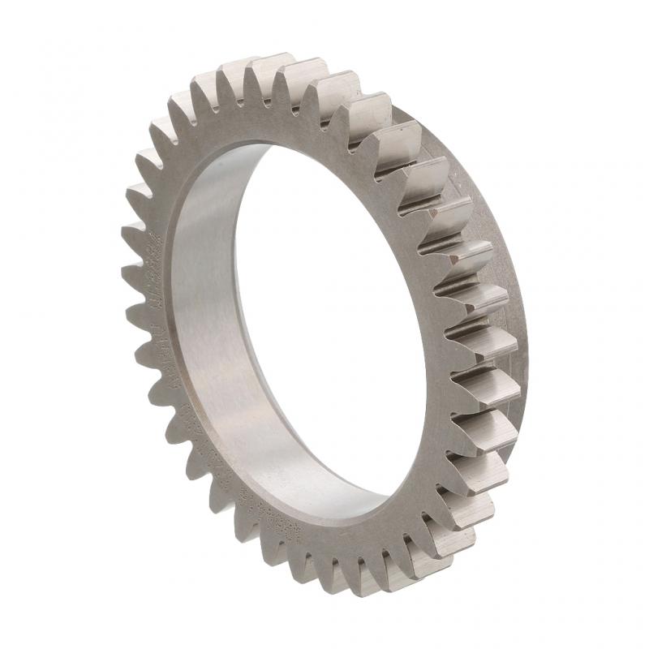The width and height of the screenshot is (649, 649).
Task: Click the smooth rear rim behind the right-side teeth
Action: [507, 243]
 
